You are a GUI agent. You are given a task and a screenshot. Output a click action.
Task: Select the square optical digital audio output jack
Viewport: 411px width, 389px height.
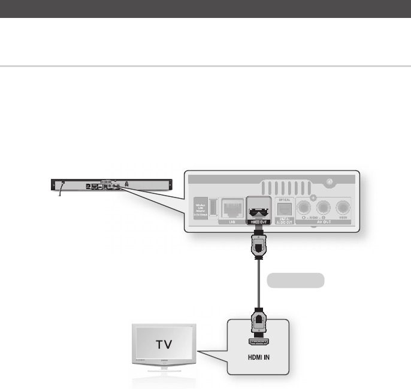point(283,209)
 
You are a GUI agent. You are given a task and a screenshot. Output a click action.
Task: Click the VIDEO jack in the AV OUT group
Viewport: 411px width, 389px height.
point(343,208)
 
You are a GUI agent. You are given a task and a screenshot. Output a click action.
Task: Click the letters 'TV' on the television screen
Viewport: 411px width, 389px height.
point(167,345)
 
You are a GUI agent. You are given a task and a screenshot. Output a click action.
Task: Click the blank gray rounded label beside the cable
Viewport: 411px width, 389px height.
point(295,279)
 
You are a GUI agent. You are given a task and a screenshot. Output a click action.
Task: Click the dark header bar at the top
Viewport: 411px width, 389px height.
point(205,8)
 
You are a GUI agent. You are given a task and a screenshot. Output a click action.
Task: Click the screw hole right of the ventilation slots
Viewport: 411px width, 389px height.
point(328,183)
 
